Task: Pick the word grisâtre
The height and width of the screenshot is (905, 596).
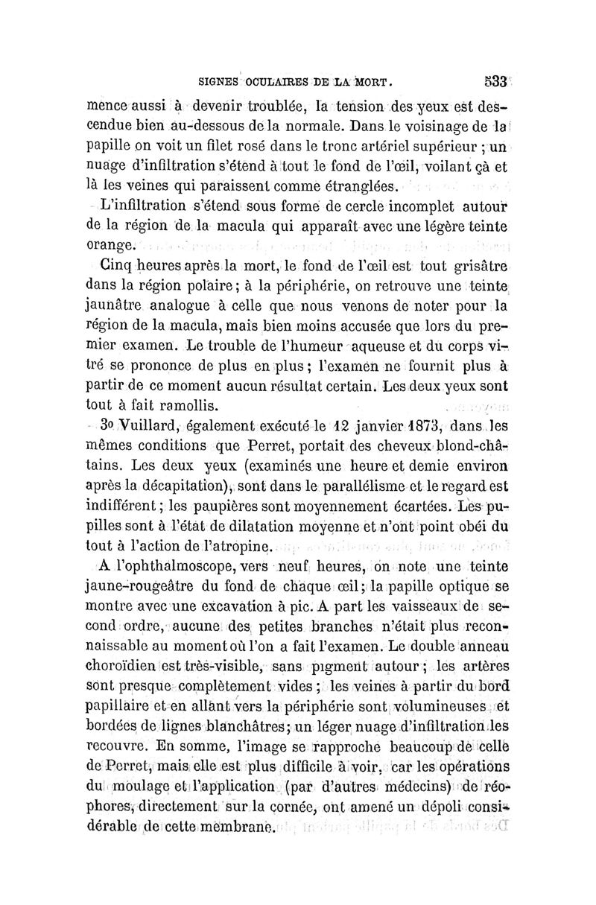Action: (477, 265)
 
